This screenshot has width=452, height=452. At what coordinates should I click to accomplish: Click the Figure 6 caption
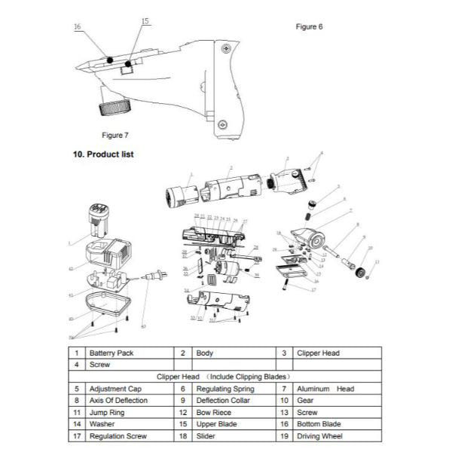[x=309, y=26]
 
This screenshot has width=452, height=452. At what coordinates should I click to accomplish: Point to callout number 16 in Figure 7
[x=78, y=27]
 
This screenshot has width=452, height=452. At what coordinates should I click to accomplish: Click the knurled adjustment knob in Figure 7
[x=113, y=106]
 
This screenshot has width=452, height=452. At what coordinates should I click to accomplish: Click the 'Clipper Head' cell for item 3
[x=320, y=353]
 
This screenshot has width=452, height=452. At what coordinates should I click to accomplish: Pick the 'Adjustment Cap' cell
[x=112, y=389]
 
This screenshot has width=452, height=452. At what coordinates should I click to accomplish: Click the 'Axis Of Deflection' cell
[x=118, y=401]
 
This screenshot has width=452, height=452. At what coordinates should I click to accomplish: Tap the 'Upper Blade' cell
[x=215, y=424]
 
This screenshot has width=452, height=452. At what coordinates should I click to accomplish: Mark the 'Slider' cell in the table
[x=206, y=436]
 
